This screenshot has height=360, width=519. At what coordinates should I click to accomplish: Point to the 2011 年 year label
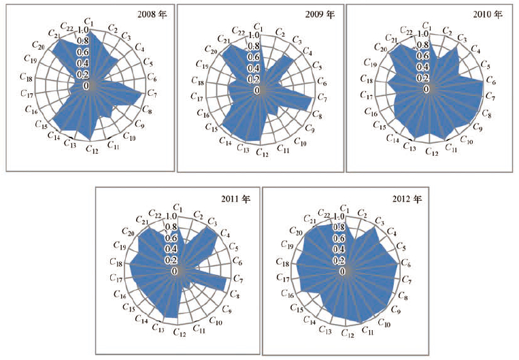235,199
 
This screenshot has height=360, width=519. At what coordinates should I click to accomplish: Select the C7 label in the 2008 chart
152,93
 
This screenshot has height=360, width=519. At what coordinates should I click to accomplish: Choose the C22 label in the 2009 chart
238,31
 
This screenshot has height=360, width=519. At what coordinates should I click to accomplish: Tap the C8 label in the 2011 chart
234,295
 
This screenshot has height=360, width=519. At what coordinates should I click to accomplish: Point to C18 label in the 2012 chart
284,263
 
